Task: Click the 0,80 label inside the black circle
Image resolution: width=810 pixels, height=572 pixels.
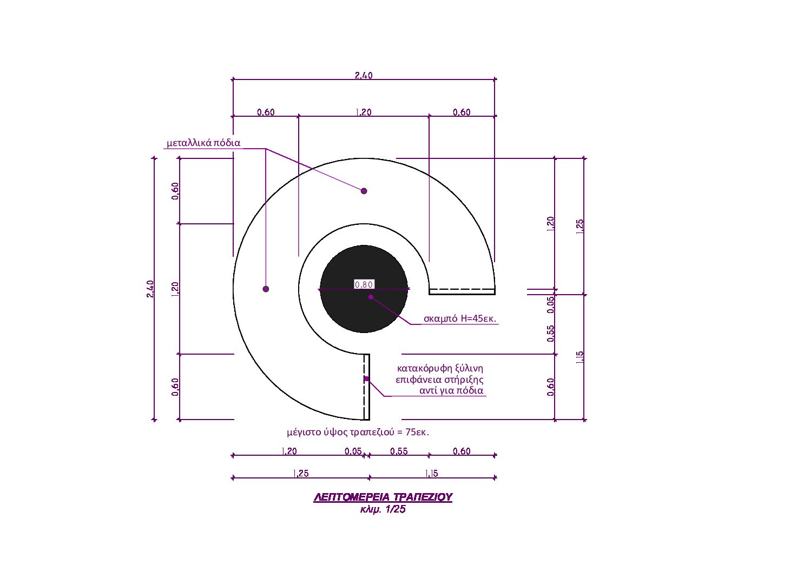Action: pyautogui.click(x=364, y=284)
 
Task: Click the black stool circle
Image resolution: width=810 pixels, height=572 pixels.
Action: pyautogui.click(x=364, y=289)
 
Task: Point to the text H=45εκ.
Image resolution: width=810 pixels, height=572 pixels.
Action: pyautogui.click(x=478, y=318)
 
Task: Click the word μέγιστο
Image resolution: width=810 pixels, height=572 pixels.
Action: pyautogui.click(x=303, y=433)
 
